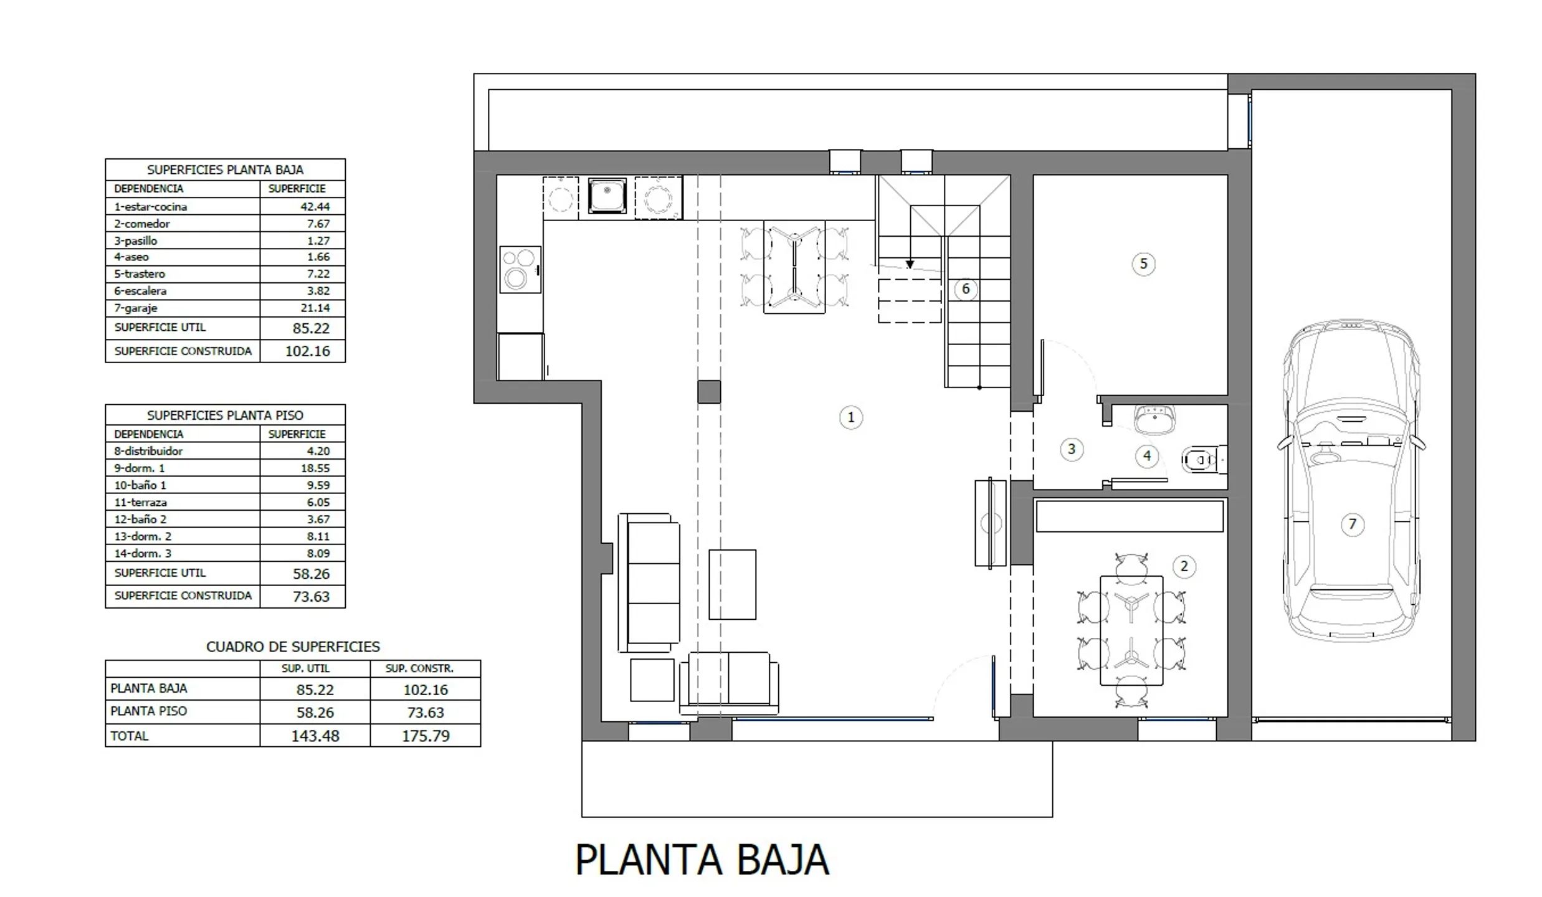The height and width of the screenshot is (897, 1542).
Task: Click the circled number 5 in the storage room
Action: (1143, 263)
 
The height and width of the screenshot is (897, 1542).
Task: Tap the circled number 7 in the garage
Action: (1352, 524)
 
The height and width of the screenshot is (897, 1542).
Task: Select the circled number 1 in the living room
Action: (851, 417)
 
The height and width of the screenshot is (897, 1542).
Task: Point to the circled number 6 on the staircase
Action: (966, 289)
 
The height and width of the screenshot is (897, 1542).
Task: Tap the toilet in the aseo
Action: (1204, 460)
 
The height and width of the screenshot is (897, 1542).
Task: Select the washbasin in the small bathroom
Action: (1154, 419)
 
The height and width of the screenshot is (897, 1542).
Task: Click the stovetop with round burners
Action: (520, 270)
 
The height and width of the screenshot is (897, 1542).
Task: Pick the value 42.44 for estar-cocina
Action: (315, 207)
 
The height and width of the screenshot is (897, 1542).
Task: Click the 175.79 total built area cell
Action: (426, 736)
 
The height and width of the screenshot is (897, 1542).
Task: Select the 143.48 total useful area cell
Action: (315, 736)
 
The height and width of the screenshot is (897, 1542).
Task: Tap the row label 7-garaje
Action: (136, 308)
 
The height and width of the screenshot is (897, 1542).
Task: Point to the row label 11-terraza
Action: (140, 502)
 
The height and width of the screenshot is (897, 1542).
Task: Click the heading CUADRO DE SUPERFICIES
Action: (293, 647)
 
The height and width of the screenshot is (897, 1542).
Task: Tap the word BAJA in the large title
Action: (783, 860)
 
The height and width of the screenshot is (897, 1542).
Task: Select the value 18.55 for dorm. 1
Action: (315, 468)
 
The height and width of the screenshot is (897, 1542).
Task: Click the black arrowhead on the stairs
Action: (910, 265)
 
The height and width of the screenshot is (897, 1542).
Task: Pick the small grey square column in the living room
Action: (709, 392)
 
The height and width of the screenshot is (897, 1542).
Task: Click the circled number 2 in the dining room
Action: (1184, 566)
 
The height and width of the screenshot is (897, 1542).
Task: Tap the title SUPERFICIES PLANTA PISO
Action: (225, 415)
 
